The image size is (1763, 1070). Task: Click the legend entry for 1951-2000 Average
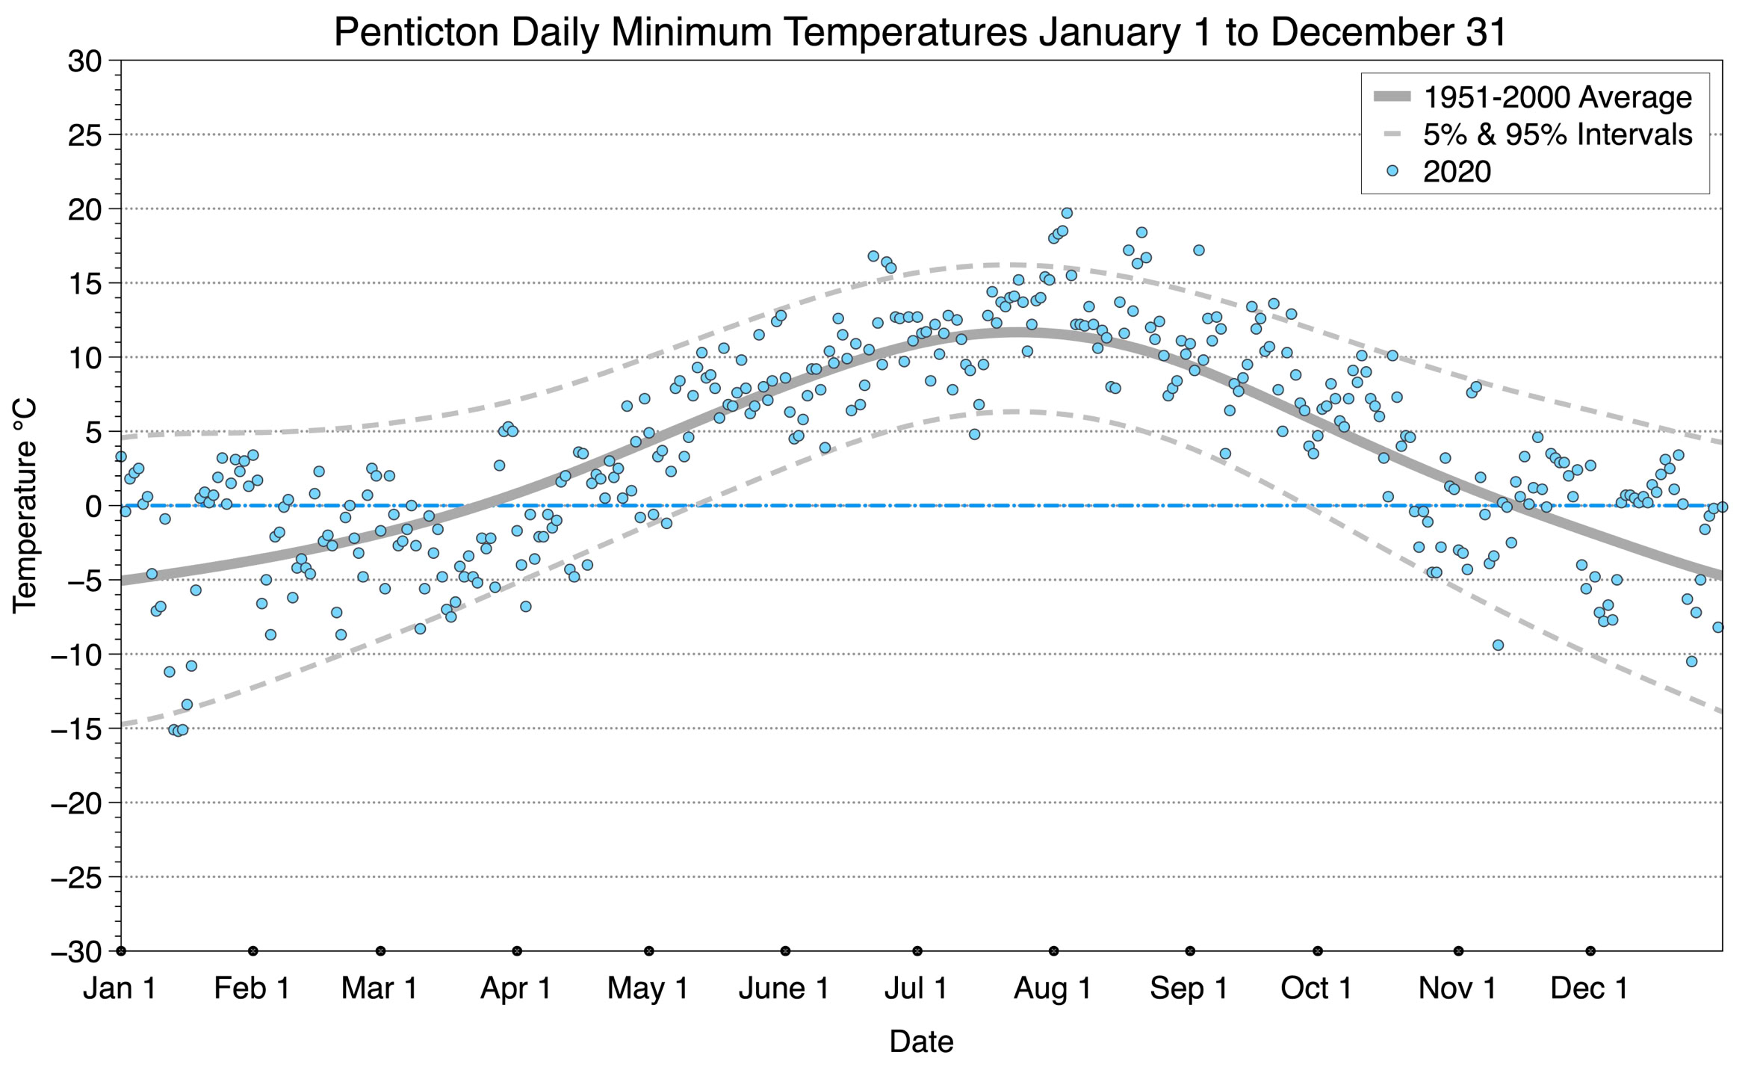[1557, 97]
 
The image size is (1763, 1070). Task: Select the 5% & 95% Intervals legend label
[1558, 134]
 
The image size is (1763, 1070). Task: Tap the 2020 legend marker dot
[1392, 171]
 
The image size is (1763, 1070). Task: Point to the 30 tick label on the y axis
[84, 61]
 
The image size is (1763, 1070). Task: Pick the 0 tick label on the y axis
[93, 507]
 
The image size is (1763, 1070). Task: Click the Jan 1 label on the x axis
[120, 989]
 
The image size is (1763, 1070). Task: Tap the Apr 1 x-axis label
[516, 989]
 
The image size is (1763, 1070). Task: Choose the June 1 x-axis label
[784, 989]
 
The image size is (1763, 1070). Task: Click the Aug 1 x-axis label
[1053, 989]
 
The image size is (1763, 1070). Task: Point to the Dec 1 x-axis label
[1590, 989]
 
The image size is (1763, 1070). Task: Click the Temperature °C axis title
[24, 506]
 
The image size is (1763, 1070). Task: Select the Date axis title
[921, 1042]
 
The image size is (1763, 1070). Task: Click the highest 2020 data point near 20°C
[1067, 213]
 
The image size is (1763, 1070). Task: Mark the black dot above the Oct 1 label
[1318, 951]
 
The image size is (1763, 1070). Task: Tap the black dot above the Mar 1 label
[380, 951]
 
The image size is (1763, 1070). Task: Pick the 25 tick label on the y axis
[84, 135]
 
